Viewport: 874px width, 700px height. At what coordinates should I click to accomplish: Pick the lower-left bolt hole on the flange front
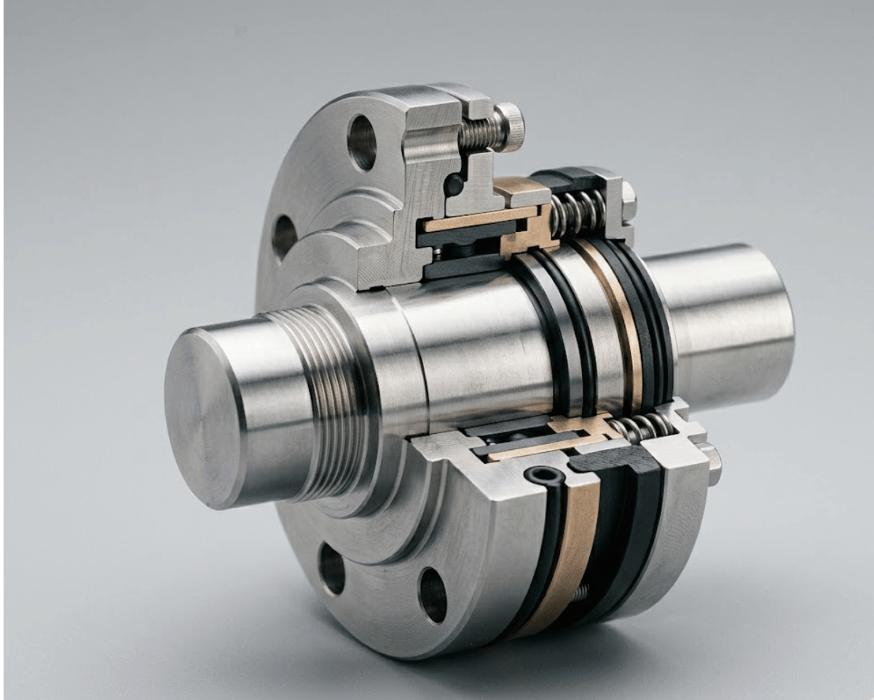tap(332, 568)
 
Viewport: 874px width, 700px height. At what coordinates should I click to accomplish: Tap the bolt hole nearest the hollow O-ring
tap(433, 594)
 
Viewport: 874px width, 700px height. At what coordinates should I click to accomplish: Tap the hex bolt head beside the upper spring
tap(628, 201)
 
